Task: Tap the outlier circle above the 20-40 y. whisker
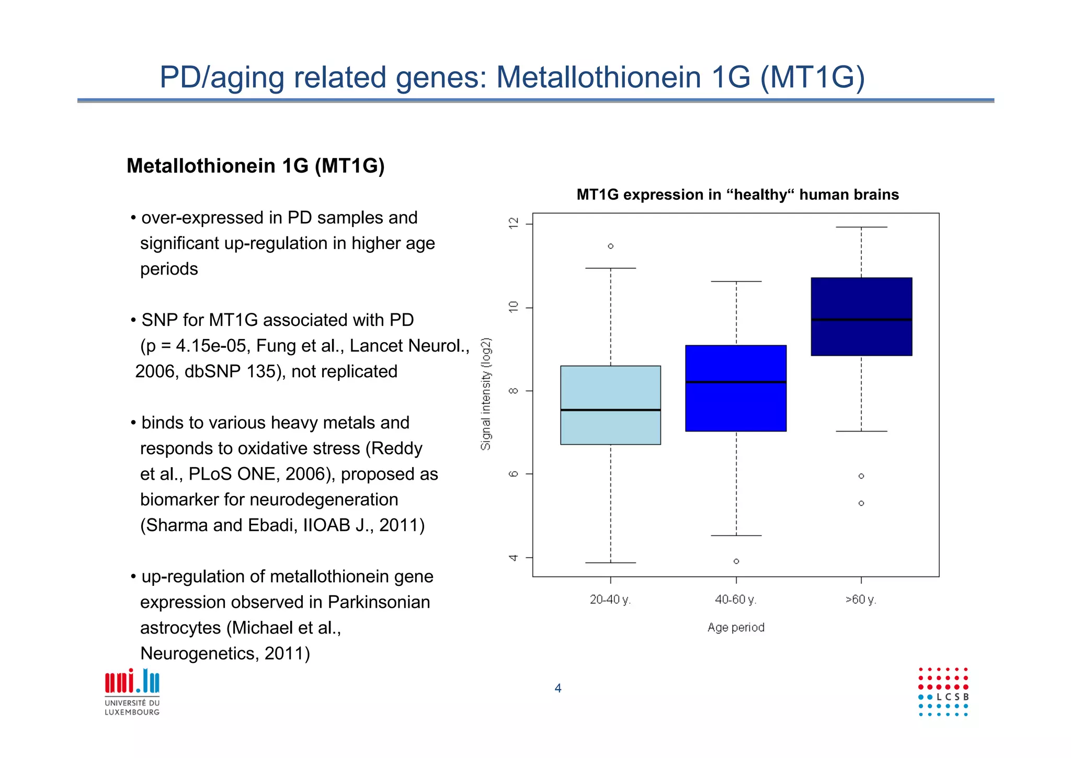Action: (610, 246)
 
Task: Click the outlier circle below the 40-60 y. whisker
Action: (736, 561)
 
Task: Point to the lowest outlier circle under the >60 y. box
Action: (861, 503)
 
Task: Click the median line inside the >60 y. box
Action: (861, 319)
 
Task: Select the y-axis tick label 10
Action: (514, 307)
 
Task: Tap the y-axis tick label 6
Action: (514, 474)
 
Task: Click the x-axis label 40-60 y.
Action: (735, 599)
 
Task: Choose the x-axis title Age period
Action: (736, 627)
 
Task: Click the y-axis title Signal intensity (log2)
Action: (486, 393)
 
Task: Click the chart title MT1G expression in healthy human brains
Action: (737, 195)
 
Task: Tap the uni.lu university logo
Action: (132, 691)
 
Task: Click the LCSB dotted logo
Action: (943, 692)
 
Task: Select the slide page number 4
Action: (558, 688)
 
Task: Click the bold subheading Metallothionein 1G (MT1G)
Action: (255, 166)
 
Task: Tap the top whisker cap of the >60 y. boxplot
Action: (861, 227)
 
